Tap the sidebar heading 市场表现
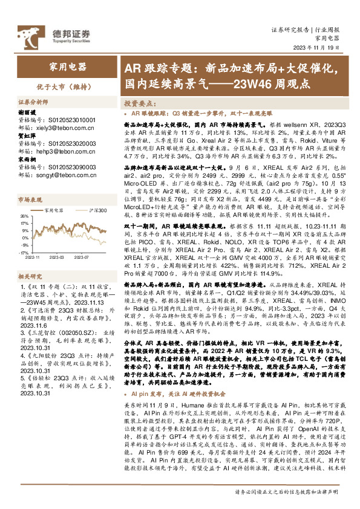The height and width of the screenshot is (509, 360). pos(28,198)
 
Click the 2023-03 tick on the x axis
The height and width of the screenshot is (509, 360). pos(57,257)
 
